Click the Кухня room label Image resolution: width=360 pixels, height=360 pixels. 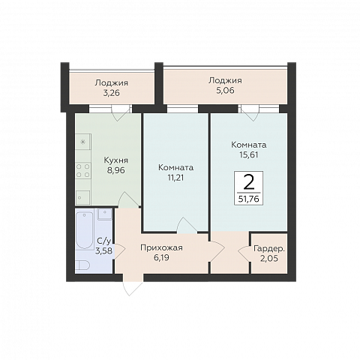[x=116, y=160]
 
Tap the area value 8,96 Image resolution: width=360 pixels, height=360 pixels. [x=116, y=170]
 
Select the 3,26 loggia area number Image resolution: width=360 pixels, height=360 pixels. [x=112, y=93]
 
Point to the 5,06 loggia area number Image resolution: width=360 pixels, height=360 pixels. [x=225, y=90]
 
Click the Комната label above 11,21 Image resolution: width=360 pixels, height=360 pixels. [x=175, y=167]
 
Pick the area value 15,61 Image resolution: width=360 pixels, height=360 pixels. [x=249, y=155]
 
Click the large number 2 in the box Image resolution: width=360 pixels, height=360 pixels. [x=249, y=182]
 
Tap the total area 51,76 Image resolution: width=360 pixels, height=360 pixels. [x=249, y=199]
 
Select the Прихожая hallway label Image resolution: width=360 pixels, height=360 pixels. [x=161, y=248]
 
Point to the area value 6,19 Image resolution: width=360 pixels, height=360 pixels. [x=161, y=258]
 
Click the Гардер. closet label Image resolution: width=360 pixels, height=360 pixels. [x=269, y=249]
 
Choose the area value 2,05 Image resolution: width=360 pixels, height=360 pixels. [x=269, y=259]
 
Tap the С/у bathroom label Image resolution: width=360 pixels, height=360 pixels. [x=103, y=241]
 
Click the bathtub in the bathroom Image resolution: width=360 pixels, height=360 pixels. [x=84, y=230]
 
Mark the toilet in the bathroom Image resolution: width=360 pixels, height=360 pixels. [x=83, y=265]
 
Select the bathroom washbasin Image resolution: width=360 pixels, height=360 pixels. [x=105, y=214]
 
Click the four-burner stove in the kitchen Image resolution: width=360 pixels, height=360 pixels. [x=83, y=170]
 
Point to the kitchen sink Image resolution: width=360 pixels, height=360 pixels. [x=83, y=197]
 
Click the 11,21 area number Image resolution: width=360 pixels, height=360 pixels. [x=175, y=178]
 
